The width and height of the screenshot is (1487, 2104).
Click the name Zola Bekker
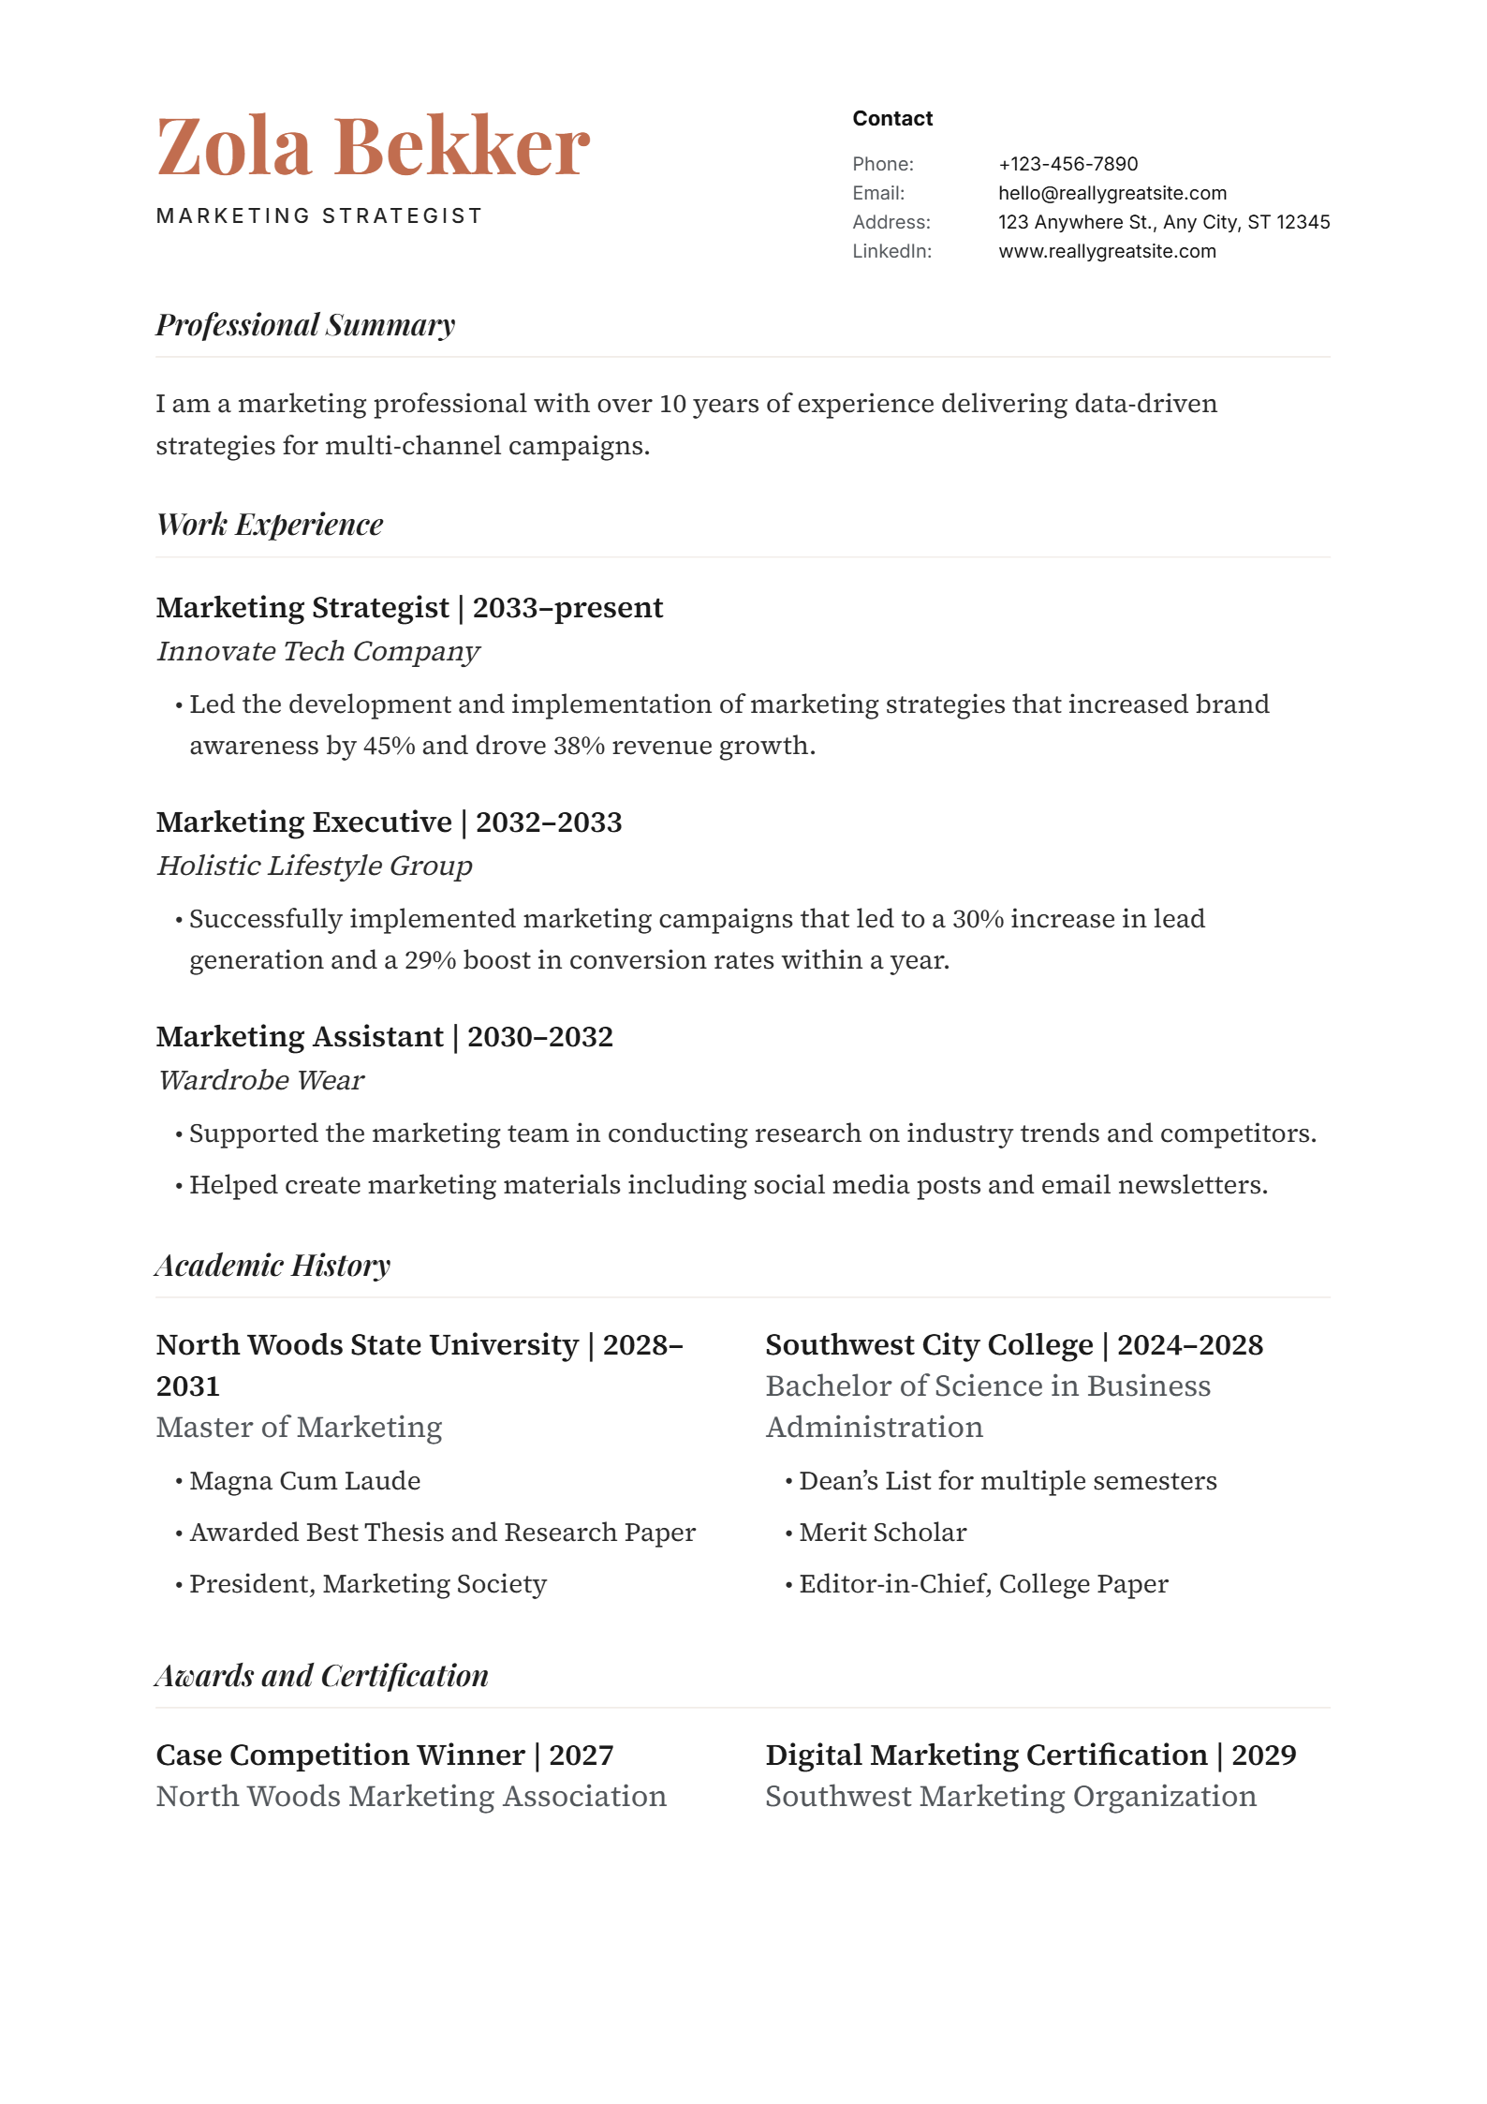point(373,146)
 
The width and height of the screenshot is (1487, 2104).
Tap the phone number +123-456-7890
point(1067,164)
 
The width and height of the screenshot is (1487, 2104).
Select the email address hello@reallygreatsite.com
point(1112,193)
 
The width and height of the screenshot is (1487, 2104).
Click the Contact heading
point(891,118)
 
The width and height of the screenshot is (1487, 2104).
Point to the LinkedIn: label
point(891,251)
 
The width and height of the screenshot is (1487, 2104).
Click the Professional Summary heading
point(305,325)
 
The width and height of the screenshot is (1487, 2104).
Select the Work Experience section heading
point(270,525)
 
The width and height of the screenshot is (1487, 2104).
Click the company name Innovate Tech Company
point(317,651)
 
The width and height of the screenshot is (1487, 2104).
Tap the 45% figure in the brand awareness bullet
point(389,746)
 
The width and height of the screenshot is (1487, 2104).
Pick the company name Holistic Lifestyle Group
point(314,866)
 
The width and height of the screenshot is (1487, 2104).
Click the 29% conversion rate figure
point(430,960)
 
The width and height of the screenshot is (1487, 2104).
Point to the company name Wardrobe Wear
point(260,1080)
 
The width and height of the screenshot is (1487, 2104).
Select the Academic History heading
point(272,1266)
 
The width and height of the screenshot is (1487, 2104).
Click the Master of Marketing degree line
point(299,1427)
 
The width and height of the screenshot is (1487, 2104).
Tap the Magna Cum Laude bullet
point(304,1481)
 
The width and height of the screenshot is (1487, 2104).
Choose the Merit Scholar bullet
point(882,1533)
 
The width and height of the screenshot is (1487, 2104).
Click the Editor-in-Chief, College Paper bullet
point(983,1584)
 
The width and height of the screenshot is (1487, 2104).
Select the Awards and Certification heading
point(322,1676)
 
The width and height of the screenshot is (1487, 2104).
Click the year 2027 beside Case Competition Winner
point(581,1755)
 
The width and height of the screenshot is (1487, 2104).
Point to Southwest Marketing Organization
point(1010,1797)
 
